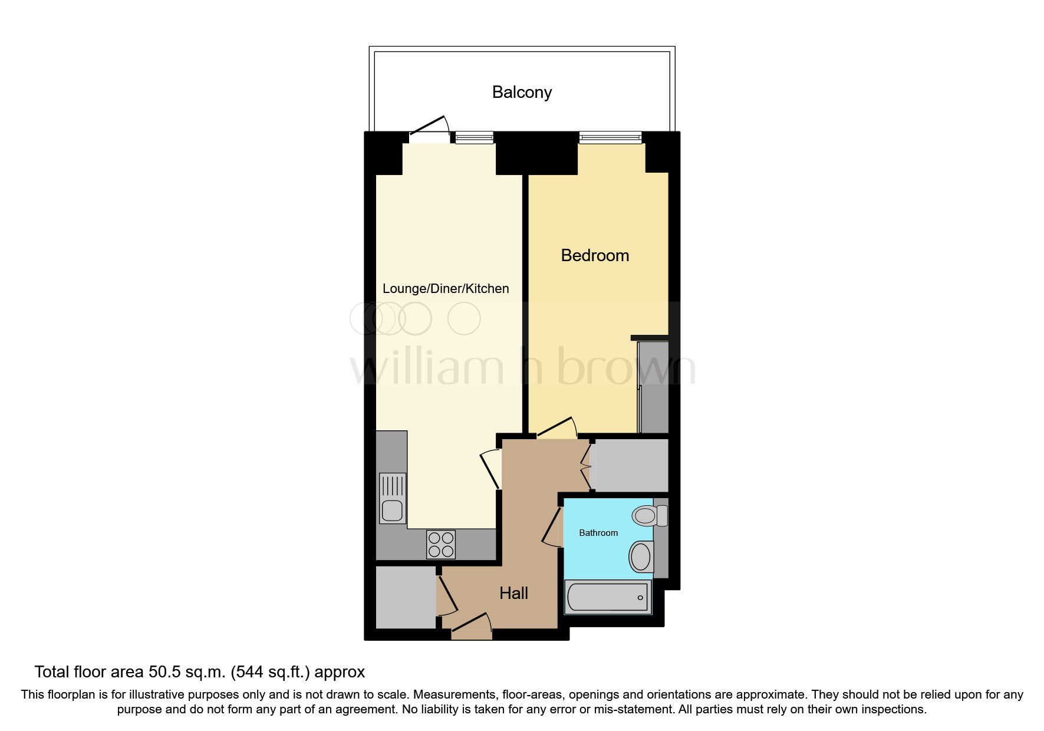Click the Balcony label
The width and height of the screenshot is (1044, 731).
[x=522, y=93]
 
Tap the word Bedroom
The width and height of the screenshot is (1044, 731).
[x=595, y=255]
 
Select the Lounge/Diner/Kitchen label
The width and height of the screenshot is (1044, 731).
[x=446, y=288]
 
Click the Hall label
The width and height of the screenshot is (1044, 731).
[x=513, y=593]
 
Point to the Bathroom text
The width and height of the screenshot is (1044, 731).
[x=598, y=533]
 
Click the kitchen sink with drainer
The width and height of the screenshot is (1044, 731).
[x=393, y=498]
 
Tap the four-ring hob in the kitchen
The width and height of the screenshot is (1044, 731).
[x=441, y=545]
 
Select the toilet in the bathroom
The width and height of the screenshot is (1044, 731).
[x=648, y=516]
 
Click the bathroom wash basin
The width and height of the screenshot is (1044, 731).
[x=641, y=557]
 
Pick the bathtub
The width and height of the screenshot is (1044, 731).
[x=608, y=597]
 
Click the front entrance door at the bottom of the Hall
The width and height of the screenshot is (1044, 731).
[x=472, y=627]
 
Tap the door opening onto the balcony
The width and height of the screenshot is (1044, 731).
[x=430, y=130]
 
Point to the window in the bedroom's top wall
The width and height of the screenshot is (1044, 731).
[x=610, y=138]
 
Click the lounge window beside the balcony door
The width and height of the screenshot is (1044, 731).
[x=474, y=138]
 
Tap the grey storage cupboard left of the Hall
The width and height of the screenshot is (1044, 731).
[x=406, y=597]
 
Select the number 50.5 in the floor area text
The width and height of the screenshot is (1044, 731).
[x=164, y=672]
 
